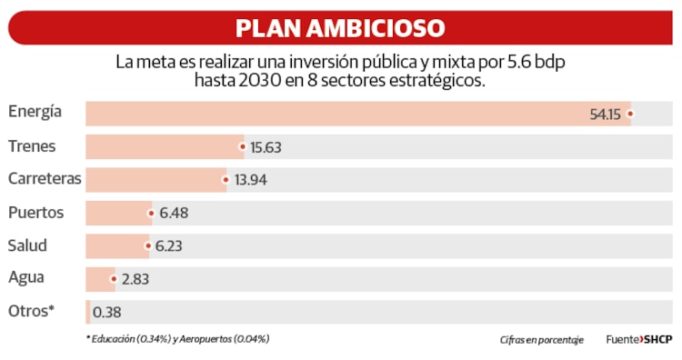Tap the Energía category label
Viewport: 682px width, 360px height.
point(35,112)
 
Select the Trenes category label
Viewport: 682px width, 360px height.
point(32,145)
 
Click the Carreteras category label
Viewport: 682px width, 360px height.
point(45,179)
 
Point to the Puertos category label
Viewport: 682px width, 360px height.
point(35,213)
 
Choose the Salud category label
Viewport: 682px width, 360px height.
point(27,245)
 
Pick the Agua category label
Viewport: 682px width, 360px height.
point(25,278)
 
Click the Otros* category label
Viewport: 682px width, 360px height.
point(32,311)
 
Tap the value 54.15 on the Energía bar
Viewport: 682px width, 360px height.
point(605,115)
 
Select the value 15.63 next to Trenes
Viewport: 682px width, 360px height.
point(266,147)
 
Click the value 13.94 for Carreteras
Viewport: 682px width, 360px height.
point(250,180)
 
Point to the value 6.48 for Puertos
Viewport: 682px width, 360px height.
point(174,214)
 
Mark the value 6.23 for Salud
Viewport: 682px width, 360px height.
point(171,246)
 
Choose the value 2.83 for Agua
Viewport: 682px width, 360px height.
point(135,279)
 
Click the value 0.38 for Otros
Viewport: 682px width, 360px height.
point(107,313)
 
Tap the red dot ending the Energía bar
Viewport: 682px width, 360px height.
point(629,114)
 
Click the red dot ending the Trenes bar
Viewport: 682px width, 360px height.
point(243,146)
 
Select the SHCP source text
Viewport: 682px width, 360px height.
point(657,340)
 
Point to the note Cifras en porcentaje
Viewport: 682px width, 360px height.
point(541,340)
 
